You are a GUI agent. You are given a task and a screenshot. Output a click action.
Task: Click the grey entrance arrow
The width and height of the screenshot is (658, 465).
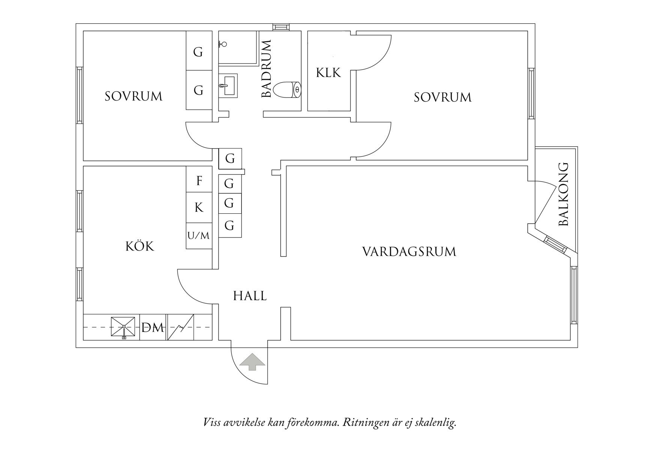(252, 362)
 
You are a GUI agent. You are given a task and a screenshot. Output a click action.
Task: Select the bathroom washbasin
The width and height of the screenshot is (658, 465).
(228, 86)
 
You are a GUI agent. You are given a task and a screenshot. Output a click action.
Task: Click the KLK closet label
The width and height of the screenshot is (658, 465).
(328, 72)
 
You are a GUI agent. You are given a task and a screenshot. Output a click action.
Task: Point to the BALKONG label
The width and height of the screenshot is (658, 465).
(563, 194)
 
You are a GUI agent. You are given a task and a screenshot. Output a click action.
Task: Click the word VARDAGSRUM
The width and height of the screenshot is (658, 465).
(409, 252)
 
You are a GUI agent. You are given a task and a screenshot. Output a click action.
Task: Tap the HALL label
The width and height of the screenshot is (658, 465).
(250, 296)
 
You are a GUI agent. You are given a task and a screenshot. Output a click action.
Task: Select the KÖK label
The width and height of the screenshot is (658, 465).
(140, 246)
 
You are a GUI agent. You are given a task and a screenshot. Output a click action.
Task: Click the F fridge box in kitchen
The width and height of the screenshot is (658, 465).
(199, 181)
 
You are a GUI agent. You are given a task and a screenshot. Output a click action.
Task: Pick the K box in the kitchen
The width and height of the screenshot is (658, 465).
(199, 207)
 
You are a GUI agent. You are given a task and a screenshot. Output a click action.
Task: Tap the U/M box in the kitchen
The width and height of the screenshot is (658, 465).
(198, 236)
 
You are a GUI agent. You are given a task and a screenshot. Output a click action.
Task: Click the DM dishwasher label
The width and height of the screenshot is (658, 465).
(153, 328)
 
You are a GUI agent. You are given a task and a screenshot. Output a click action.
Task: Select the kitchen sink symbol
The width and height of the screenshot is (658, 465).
(123, 327)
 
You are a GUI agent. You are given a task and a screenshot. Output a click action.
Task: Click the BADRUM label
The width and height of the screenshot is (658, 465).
(266, 69)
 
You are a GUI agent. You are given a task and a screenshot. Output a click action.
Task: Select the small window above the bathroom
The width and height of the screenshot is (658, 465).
(281, 27)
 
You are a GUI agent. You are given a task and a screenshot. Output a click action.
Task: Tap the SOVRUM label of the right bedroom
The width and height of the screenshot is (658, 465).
(442, 97)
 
